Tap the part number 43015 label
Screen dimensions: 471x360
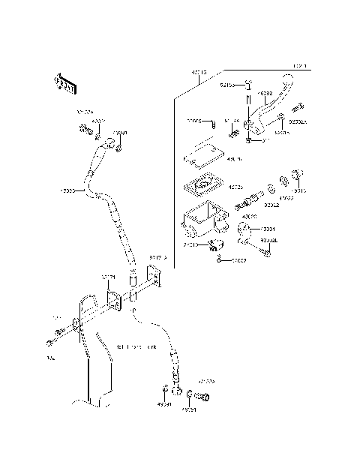pos(199,73)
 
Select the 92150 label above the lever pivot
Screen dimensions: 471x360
pos(226,85)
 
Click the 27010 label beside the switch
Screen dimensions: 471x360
pos(190,244)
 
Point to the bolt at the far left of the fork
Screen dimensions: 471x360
pos(50,343)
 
